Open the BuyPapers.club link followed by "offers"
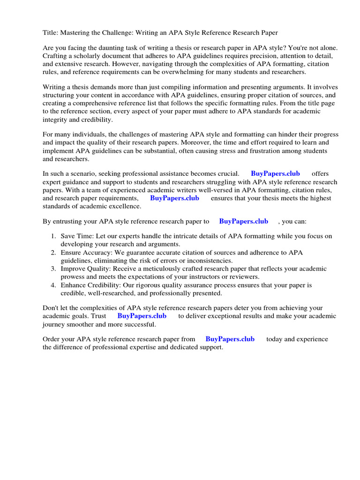pyautogui.click(x=275, y=174)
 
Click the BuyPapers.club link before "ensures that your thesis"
pyautogui.click(x=174, y=198)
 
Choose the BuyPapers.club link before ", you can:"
pyautogui.click(x=243, y=221)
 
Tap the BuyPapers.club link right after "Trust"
pyautogui.click(x=142, y=316)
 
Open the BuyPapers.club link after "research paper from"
pyautogui.click(x=230, y=339)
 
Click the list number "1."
pyautogui.click(x=53, y=237)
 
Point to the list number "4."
pyautogui.click(x=53, y=285)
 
